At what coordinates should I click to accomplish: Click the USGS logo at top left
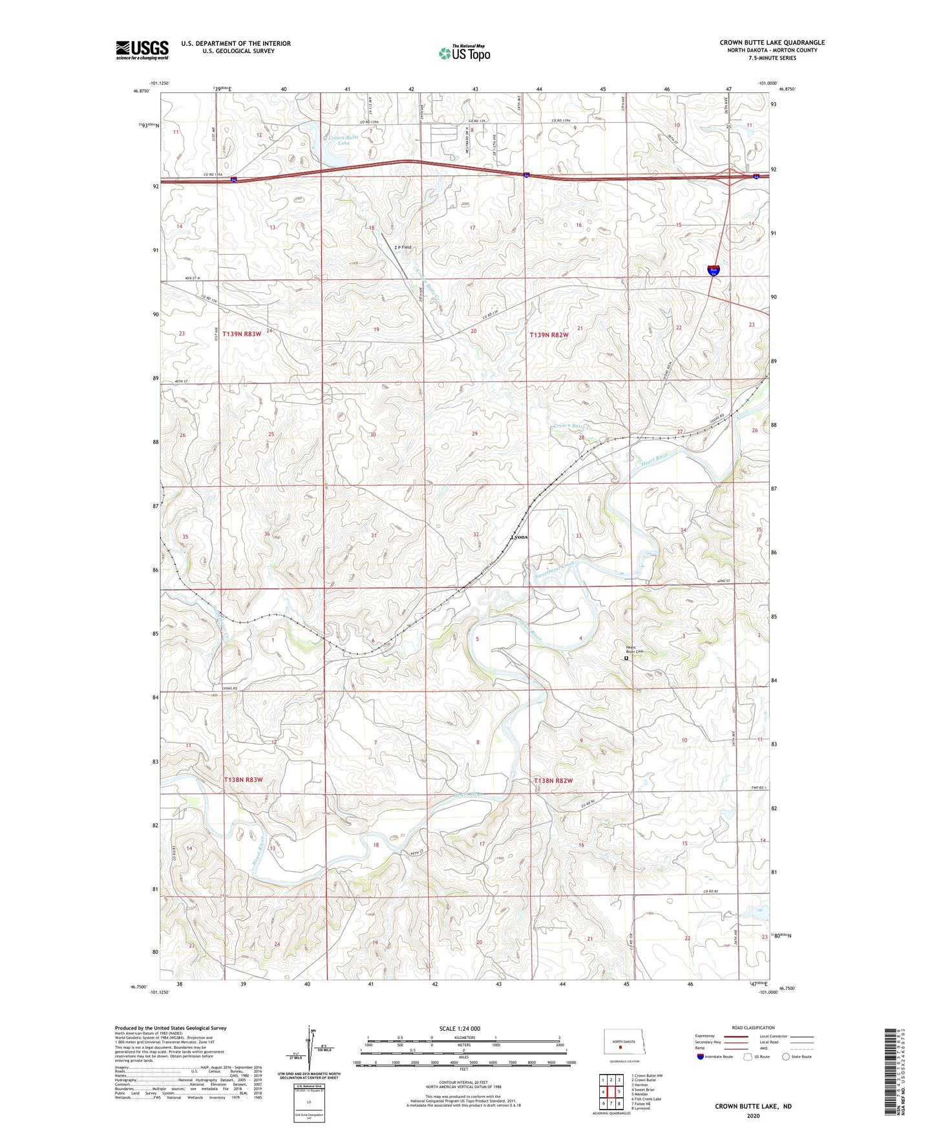tap(142, 50)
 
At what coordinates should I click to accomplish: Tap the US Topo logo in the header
tap(464, 52)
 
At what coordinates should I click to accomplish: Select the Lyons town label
tap(519, 537)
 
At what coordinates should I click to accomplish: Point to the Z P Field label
tap(403, 247)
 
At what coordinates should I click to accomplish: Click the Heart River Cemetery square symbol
tap(626, 659)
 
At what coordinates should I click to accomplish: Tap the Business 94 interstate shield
tap(713, 270)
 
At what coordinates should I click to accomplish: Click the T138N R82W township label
tap(553, 781)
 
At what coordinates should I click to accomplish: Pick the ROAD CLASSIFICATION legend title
tap(753, 1027)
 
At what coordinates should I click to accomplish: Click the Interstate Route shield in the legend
tap(701, 1057)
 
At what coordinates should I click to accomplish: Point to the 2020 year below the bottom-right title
tap(752, 1115)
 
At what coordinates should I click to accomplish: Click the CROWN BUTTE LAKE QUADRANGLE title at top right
tap(772, 43)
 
